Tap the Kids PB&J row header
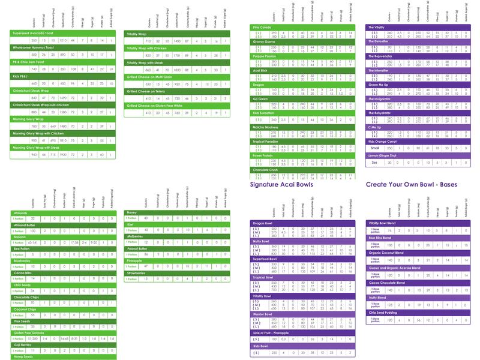[22, 76]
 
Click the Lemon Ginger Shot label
[385, 155]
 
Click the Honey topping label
[131, 212]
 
